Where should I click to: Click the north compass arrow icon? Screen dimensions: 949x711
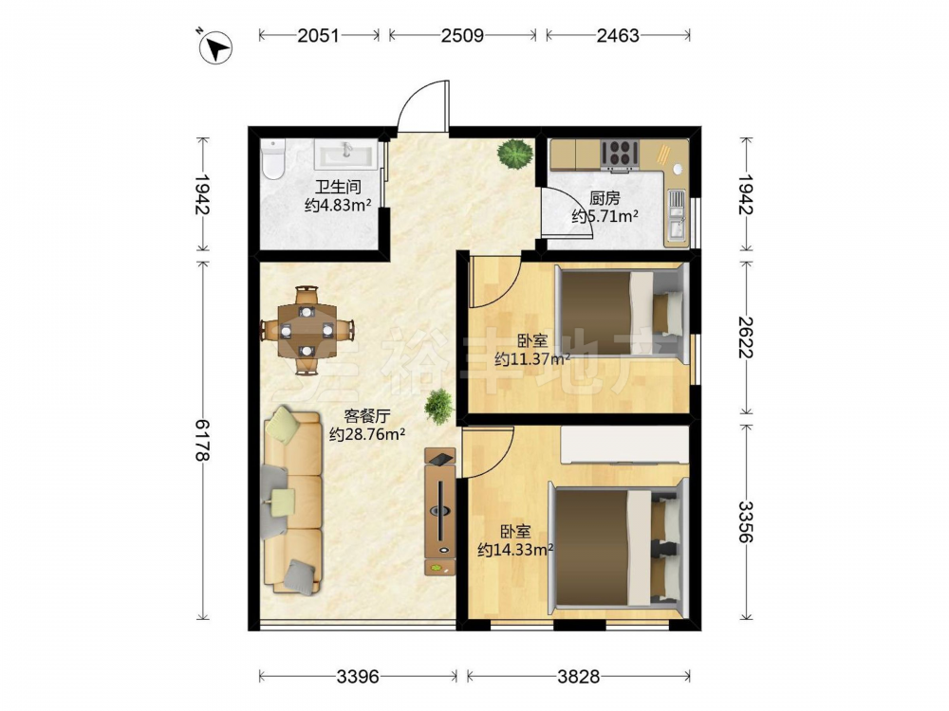pyautogui.click(x=216, y=47)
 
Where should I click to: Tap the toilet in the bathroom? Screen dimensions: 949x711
pyautogui.click(x=273, y=159)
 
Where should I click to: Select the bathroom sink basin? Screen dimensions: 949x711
pyautogui.click(x=345, y=155)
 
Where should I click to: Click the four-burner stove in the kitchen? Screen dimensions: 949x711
pyautogui.click(x=620, y=153)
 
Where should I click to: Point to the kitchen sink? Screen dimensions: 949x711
pyautogui.click(x=676, y=214)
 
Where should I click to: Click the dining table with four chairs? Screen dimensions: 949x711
pyautogui.click(x=307, y=330)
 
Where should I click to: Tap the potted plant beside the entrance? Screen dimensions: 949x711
pyautogui.click(x=515, y=155)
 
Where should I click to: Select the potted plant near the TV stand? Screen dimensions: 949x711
pyautogui.click(x=439, y=407)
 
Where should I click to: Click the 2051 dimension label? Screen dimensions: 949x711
pyautogui.click(x=318, y=36)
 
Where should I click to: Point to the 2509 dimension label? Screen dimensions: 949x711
pyautogui.click(x=462, y=36)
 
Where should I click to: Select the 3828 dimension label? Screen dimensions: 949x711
pyautogui.click(x=579, y=676)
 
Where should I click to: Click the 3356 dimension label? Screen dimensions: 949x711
pyautogui.click(x=746, y=521)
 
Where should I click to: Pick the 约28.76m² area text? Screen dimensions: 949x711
pyautogui.click(x=366, y=434)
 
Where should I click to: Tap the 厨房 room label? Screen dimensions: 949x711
pyautogui.click(x=605, y=198)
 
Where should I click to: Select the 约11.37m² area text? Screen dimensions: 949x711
pyautogui.click(x=532, y=359)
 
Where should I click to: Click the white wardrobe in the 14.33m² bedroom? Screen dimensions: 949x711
pyautogui.click(x=624, y=445)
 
